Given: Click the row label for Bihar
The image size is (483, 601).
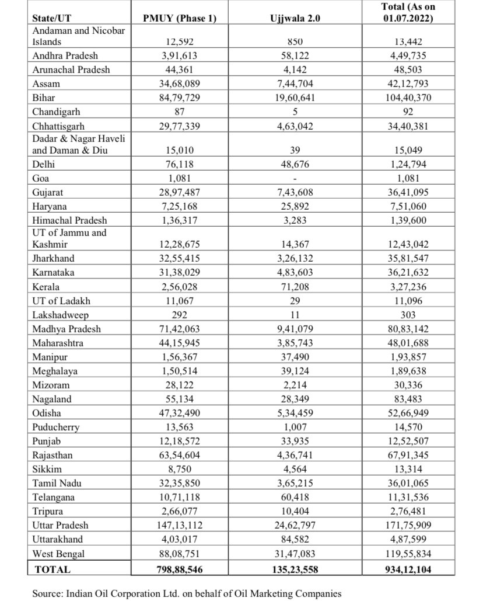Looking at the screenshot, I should (44, 98).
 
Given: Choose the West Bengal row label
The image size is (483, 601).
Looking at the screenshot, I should (59, 553).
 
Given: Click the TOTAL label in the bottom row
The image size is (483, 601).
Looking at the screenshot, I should (52, 569).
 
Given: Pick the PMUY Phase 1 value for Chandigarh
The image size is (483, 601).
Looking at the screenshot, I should (179, 112).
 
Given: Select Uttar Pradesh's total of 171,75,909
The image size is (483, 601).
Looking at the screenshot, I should (408, 525).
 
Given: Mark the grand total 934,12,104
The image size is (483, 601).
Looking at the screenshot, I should (408, 569).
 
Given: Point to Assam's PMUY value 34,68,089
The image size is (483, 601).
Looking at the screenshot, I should (179, 84).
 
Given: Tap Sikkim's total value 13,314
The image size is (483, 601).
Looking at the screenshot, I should (408, 469).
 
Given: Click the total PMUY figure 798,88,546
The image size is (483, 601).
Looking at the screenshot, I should (179, 569).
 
